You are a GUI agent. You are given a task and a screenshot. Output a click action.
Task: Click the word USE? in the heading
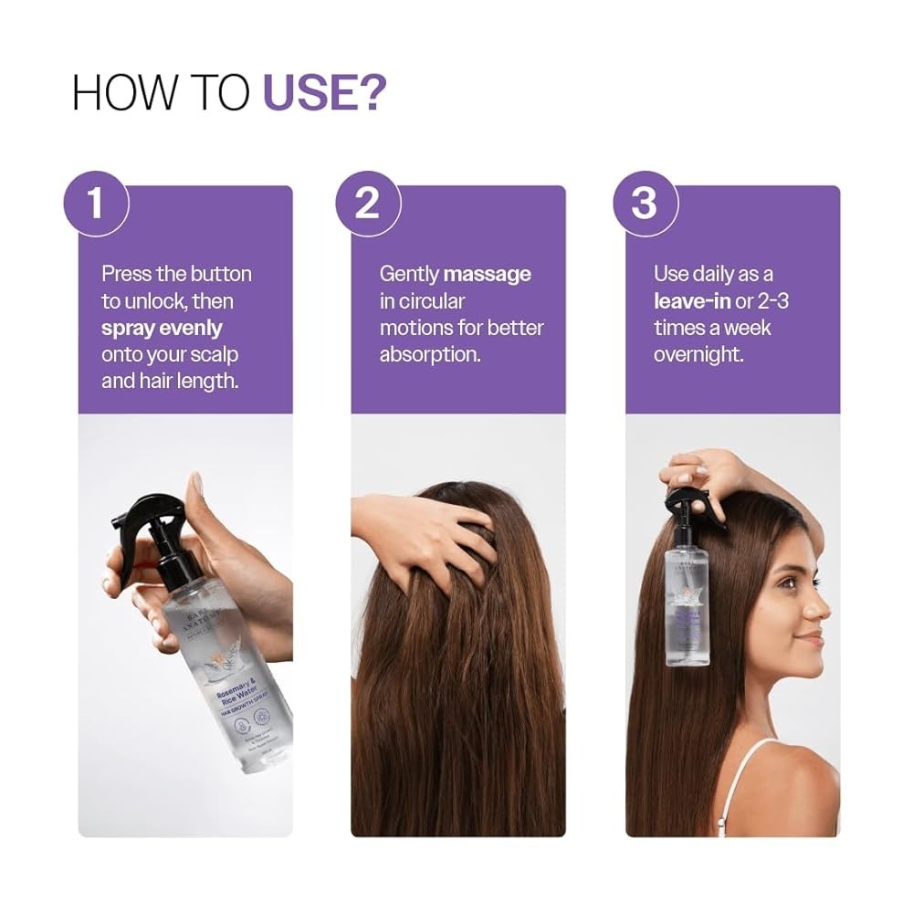324,92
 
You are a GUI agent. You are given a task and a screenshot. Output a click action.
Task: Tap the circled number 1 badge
96,204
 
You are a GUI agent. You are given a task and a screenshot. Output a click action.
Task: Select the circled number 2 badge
367,204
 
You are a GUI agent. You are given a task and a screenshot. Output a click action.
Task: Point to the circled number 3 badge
644,204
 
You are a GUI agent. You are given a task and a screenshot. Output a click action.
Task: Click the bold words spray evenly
162,327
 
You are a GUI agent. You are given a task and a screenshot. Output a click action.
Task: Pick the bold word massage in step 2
487,274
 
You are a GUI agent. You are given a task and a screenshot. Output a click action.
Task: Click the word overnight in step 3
698,353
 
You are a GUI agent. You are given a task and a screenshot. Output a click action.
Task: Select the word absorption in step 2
428,353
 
